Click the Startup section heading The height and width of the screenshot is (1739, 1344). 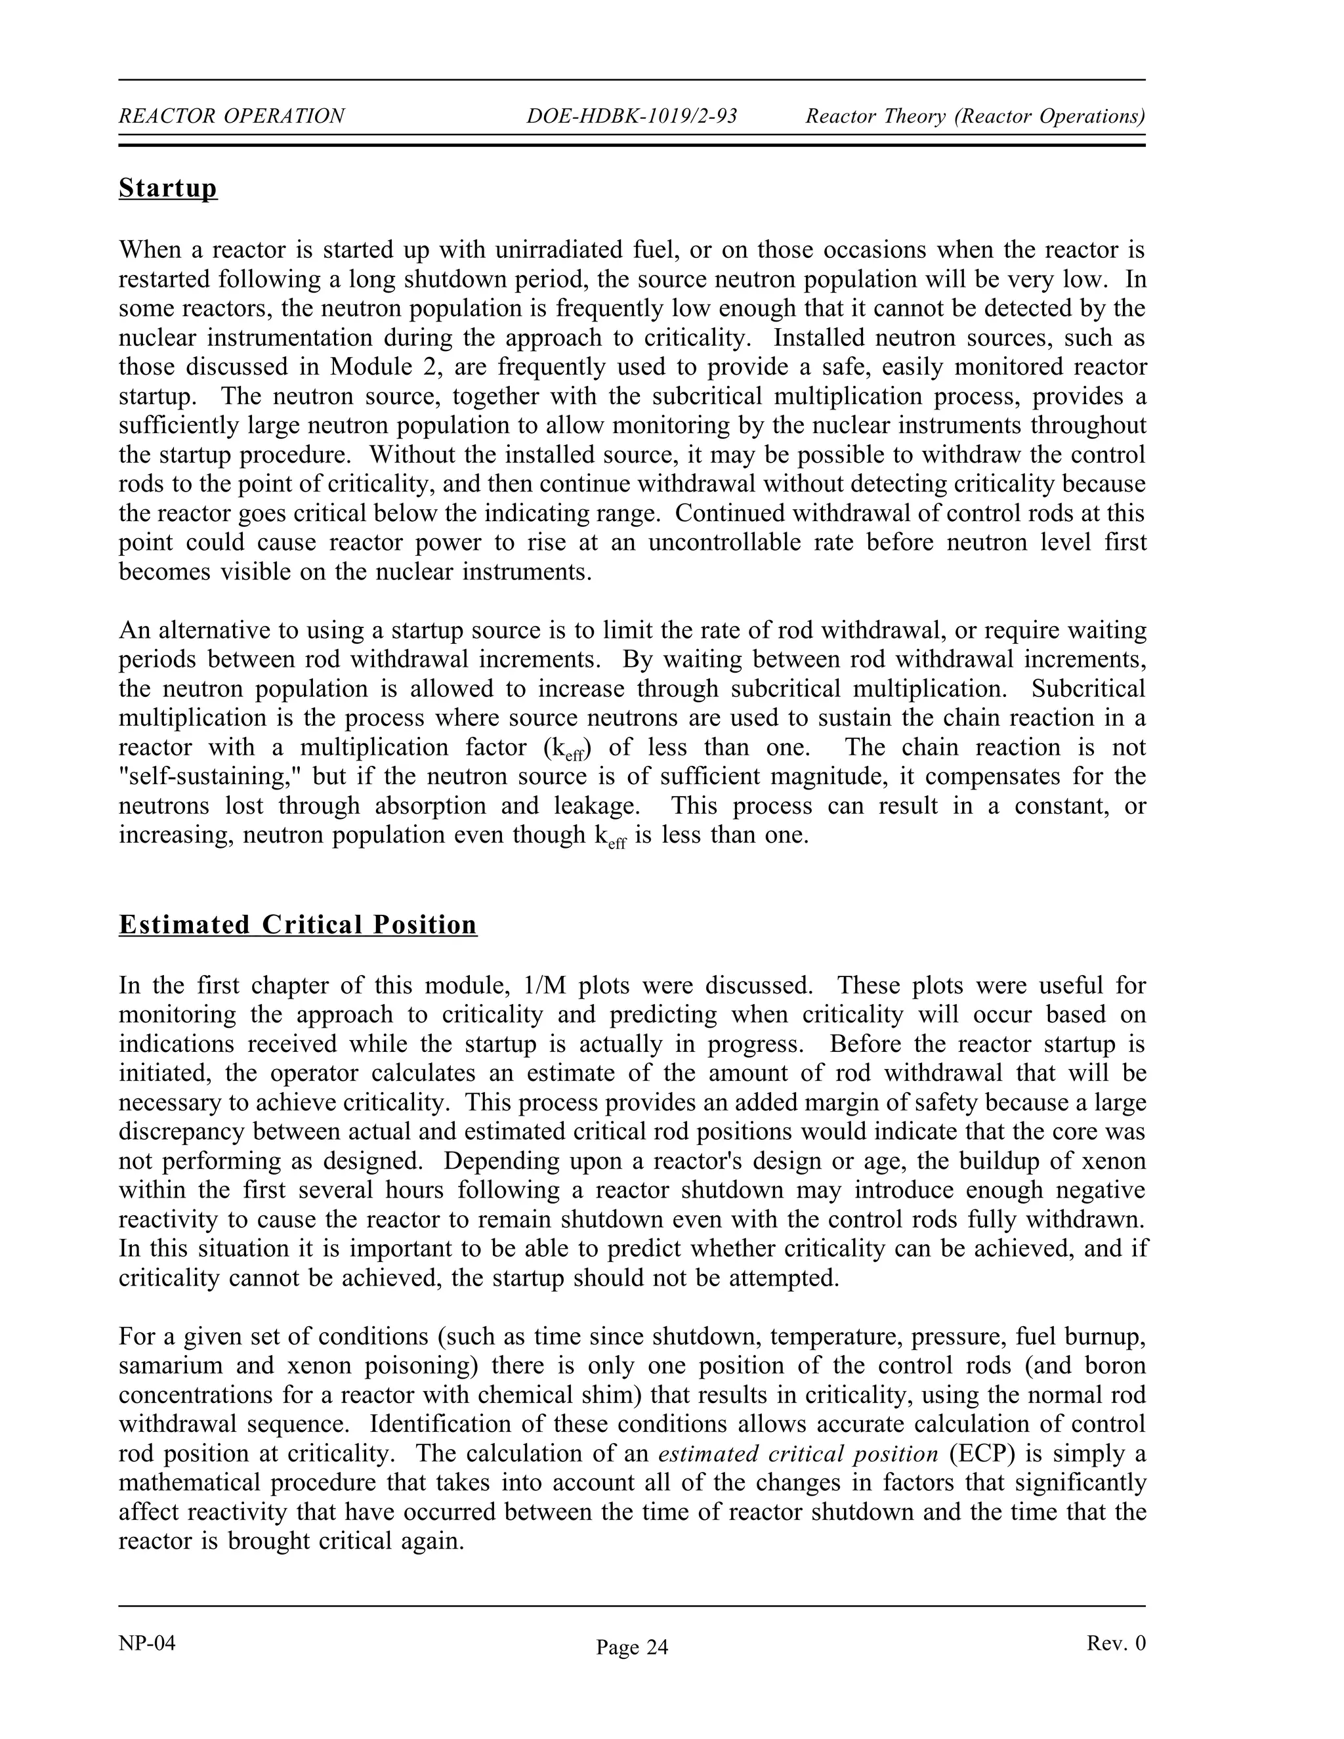point(168,189)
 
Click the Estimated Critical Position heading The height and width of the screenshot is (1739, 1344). point(298,925)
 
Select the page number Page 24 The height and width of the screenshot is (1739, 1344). point(632,1647)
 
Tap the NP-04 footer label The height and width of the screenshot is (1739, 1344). point(146,1643)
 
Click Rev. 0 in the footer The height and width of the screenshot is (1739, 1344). point(1116,1643)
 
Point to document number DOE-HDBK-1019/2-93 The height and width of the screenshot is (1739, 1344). point(631,116)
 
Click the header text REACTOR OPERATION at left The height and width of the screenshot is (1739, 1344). point(232,116)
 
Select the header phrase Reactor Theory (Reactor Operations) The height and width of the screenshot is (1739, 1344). point(975,116)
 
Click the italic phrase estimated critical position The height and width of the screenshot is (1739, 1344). point(798,1454)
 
